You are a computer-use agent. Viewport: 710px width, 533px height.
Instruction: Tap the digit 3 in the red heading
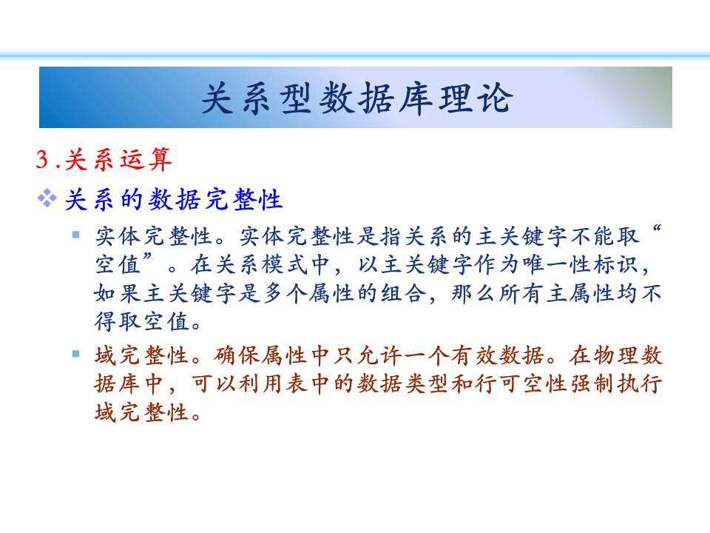tap(42, 159)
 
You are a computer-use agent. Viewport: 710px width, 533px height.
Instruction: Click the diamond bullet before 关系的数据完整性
tap(47, 198)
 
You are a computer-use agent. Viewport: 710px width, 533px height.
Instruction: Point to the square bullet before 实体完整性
tap(76, 235)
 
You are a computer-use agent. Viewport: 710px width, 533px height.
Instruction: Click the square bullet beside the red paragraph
tap(76, 354)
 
